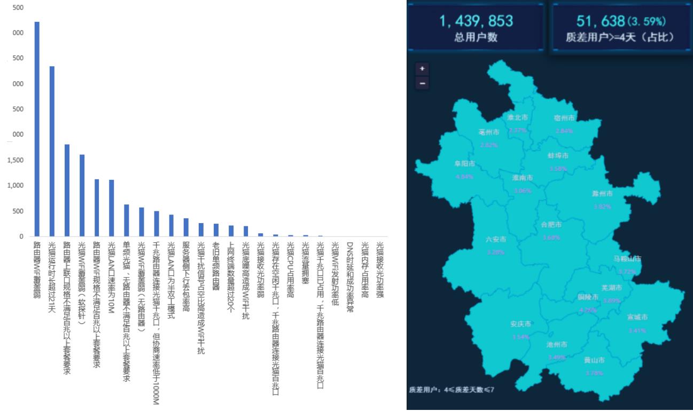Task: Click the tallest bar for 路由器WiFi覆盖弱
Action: [x=37, y=129]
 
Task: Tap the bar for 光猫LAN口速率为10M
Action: [x=111, y=208]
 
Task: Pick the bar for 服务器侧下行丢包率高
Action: [x=186, y=227]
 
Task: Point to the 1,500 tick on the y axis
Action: [x=15, y=160]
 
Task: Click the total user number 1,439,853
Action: [x=476, y=21]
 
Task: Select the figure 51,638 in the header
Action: [x=601, y=21]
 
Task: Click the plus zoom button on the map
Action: [x=422, y=69]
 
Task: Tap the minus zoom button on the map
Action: [x=422, y=83]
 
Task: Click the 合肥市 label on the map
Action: [x=551, y=225]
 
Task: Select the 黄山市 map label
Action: [x=594, y=360]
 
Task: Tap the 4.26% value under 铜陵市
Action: [x=587, y=310]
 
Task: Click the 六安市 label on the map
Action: [x=495, y=240]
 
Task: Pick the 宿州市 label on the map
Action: [x=564, y=117]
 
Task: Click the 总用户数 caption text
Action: [x=476, y=37]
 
